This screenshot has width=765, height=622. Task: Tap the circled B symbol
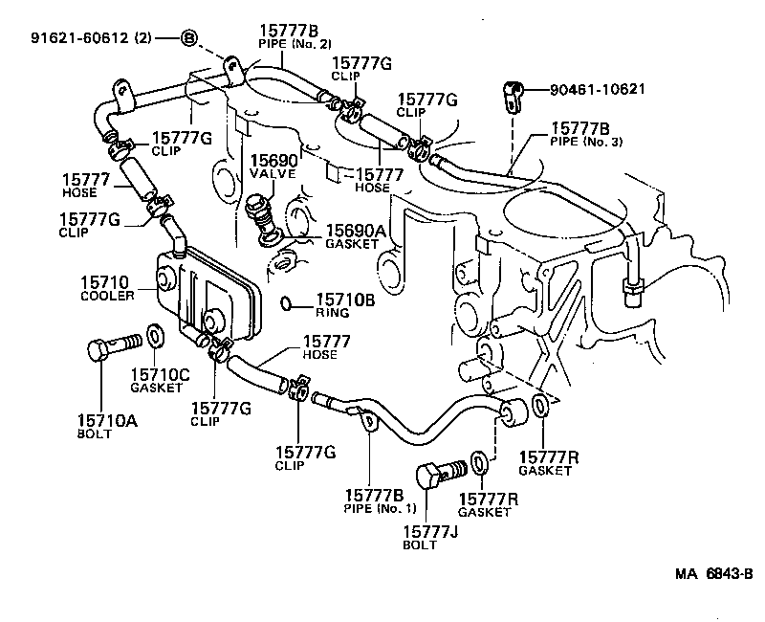(189, 38)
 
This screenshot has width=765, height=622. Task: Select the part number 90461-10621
(598, 90)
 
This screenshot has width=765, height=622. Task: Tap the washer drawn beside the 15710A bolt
(156, 337)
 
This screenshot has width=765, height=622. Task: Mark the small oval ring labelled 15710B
(289, 304)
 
